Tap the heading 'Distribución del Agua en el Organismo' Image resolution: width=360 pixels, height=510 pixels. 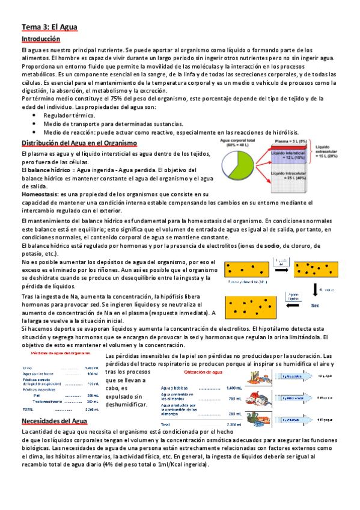tap(79, 143)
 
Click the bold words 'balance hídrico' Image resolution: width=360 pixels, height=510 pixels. tap(48, 170)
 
